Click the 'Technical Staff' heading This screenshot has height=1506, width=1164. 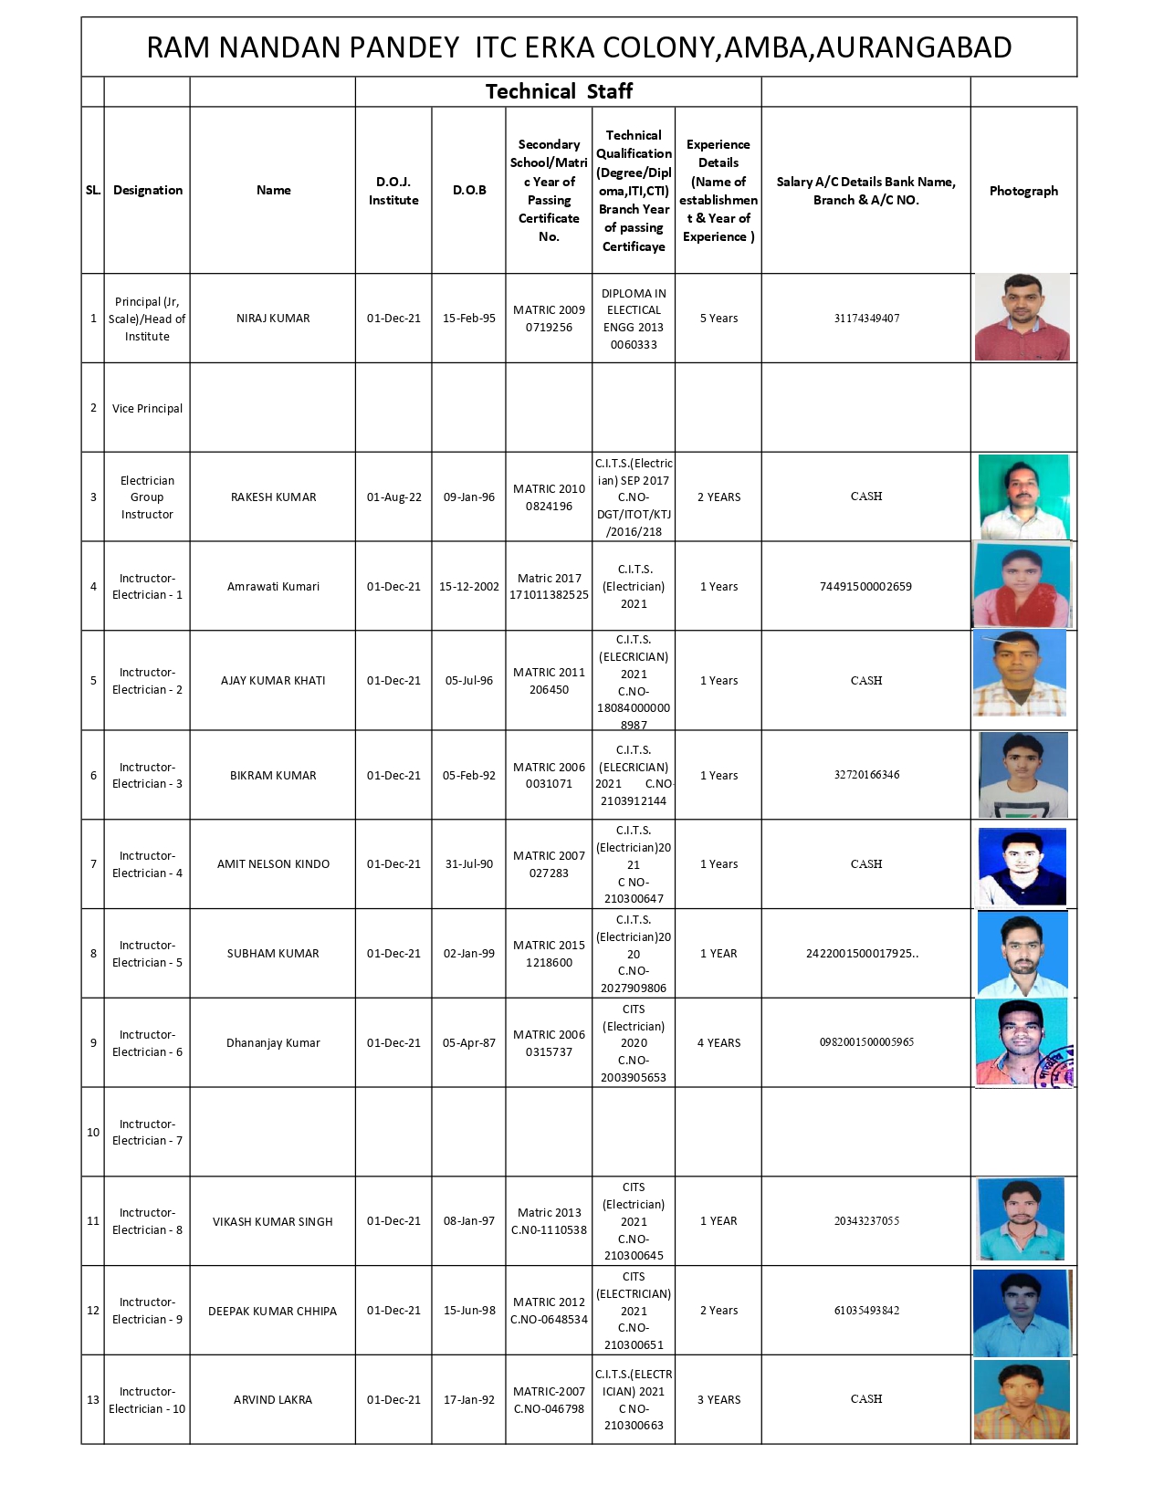tap(559, 91)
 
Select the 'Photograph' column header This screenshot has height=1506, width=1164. tap(1023, 191)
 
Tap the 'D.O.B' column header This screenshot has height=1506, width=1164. tap(469, 190)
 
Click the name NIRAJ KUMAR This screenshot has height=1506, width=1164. tap(273, 319)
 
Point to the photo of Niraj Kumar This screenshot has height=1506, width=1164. tap(1022, 317)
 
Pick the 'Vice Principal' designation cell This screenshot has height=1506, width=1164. tap(147, 408)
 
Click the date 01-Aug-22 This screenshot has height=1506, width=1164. tap(393, 497)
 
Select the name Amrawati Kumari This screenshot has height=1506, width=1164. tap(273, 587)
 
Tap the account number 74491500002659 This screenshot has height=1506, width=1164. tap(865, 587)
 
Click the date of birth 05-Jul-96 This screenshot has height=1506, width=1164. tap(469, 681)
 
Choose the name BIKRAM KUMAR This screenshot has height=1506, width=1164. tap(273, 776)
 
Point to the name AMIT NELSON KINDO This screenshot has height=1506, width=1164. tap(273, 864)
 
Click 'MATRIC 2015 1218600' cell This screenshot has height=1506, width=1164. tap(549, 954)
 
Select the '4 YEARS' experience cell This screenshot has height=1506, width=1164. tap(718, 1043)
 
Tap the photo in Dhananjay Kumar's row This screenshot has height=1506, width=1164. tap(1022, 1042)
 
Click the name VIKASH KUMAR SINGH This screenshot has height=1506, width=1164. tap(273, 1221)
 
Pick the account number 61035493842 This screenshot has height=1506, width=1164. tap(865, 1311)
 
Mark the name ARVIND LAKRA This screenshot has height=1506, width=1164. tap(273, 1400)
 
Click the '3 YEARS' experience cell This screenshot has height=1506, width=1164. tap(718, 1400)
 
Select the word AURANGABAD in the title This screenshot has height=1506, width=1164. tap(913, 47)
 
